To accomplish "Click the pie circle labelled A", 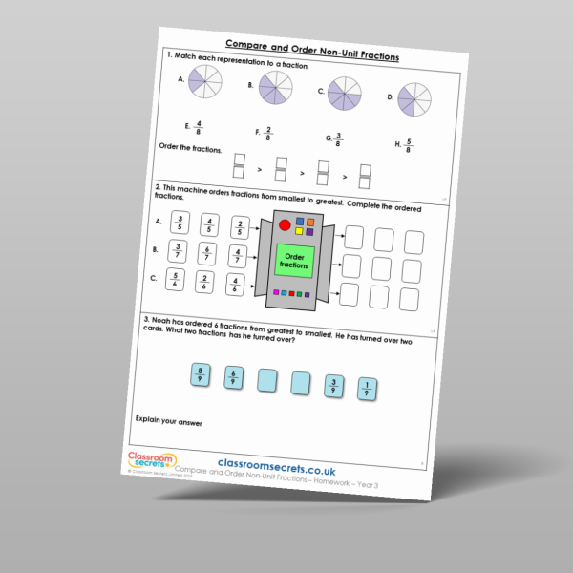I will [203, 79].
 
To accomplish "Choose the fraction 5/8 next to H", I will [410, 146].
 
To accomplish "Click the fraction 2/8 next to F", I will [269, 133].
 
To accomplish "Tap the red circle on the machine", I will [284, 226].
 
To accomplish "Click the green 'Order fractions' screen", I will [295, 261].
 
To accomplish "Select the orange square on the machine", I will [310, 223].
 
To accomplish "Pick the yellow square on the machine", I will [299, 230].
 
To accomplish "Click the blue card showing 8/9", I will [199, 373].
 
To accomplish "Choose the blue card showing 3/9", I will [332, 386].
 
